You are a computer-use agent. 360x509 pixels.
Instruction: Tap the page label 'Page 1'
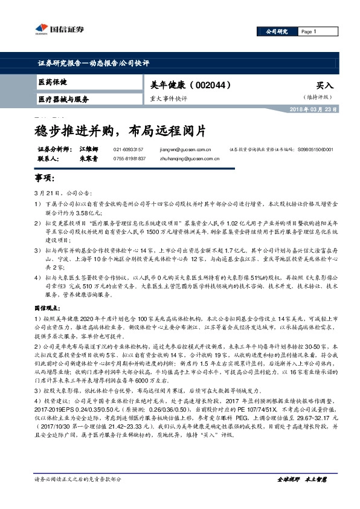pos(309,31)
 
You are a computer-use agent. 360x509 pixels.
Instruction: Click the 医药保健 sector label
pos(53,82)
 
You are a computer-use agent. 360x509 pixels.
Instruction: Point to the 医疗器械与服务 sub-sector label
pos(63,99)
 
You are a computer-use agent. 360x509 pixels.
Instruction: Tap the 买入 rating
pos(324,86)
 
